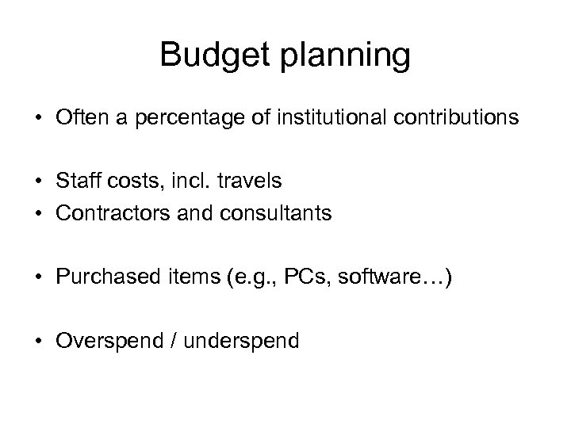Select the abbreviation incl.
[x=192, y=180]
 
